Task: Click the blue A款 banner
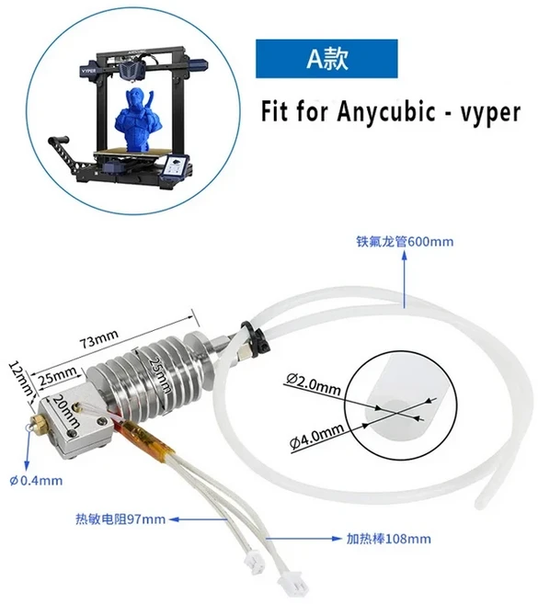pyautogui.click(x=326, y=59)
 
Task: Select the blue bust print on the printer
pyautogui.click(x=135, y=119)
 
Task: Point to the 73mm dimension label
pyautogui.click(x=98, y=337)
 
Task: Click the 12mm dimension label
pyautogui.click(x=21, y=378)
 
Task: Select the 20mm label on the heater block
pyautogui.click(x=66, y=412)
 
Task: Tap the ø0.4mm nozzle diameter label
pyautogui.click(x=36, y=481)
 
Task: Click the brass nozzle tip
pyautogui.click(x=38, y=423)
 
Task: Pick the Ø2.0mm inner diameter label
pyautogui.click(x=314, y=385)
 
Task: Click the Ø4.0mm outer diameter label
pyautogui.click(x=316, y=437)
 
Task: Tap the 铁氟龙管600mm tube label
pyautogui.click(x=405, y=242)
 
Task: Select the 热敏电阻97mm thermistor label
pyautogui.click(x=120, y=519)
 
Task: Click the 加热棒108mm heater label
pyautogui.click(x=388, y=539)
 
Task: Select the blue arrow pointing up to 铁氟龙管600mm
pyautogui.click(x=405, y=279)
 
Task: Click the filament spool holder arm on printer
pyautogui.click(x=66, y=153)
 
